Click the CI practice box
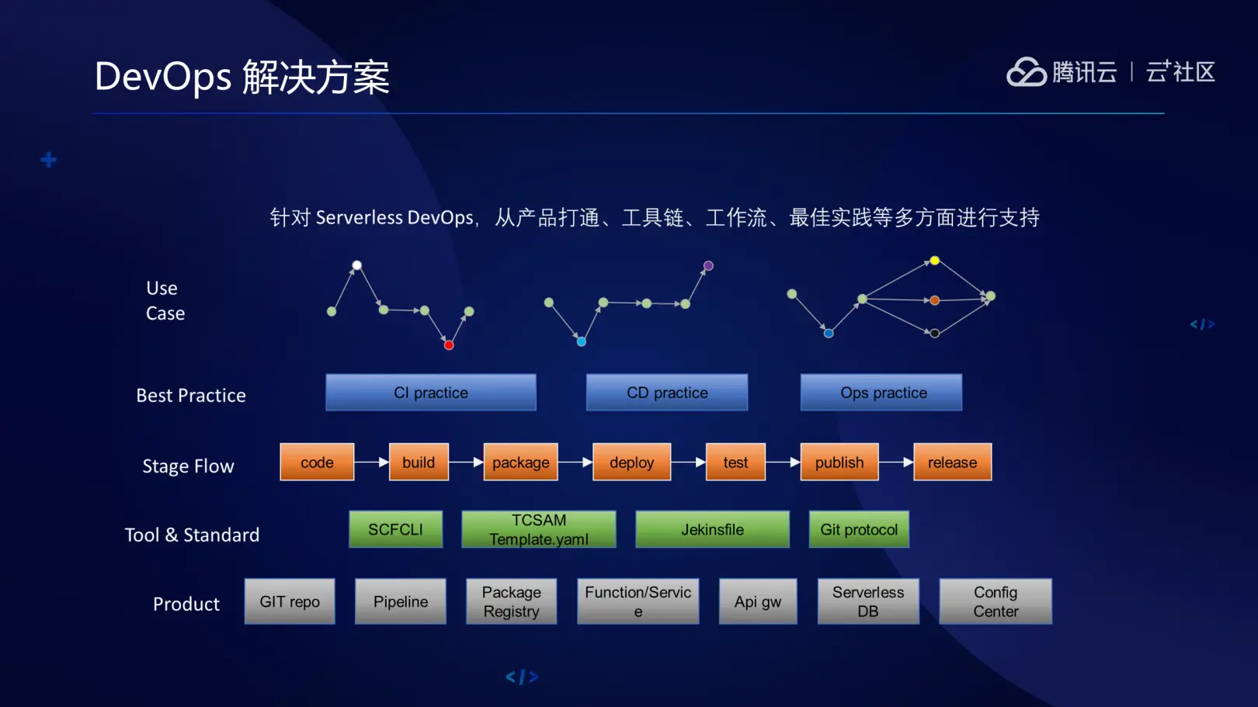point(431,393)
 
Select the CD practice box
point(667,393)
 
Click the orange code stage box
point(317,463)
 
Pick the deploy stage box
point(631,463)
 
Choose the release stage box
point(952,463)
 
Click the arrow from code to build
point(373,463)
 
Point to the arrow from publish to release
point(897,463)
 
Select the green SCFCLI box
point(395,529)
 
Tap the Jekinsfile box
point(712,529)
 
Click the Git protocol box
point(859,529)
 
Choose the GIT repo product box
point(290,601)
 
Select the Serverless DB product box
point(868,601)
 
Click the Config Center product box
point(996,601)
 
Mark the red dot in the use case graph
point(449,345)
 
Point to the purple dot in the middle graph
point(708,266)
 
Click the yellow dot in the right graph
point(935,261)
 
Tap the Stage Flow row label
point(188,466)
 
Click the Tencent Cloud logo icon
point(1027,72)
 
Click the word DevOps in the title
point(163,77)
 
